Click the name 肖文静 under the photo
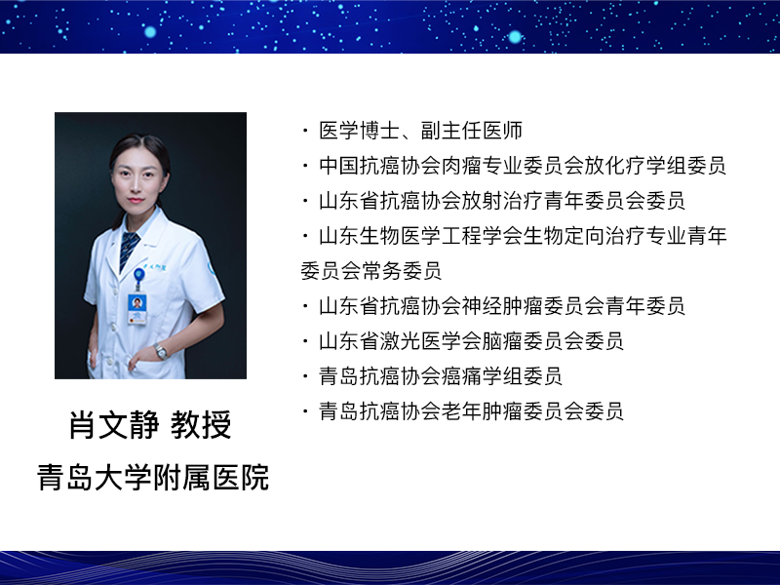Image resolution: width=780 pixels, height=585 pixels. pyautogui.click(x=114, y=425)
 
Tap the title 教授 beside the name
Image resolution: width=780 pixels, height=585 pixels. pyautogui.click(x=201, y=425)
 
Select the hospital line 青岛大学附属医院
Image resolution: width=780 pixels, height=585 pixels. pyautogui.click(x=153, y=478)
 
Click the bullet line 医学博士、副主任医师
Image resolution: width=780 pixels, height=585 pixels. pyautogui.click(x=421, y=131)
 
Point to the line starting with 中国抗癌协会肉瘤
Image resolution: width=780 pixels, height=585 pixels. pyautogui.click(x=523, y=166)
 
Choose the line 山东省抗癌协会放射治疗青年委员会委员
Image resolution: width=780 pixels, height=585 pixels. pyautogui.click(x=502, y=201)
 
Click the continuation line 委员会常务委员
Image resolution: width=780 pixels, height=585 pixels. pyautogui.click(x=370, y=271)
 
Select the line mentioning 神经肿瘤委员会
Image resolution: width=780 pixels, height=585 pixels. pyautogui.click(x=502, y=306)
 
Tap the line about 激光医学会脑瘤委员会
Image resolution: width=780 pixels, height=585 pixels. pyautogui.click(x=471, y=340)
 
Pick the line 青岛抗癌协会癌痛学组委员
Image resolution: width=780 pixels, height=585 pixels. pyautogui.click(x=441, y=376)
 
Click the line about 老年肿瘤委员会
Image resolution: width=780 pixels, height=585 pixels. pyautogui.click(x=471, y=410)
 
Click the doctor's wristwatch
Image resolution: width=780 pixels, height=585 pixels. pyautogui.click(x=160, y=351)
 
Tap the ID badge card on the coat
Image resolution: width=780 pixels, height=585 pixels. pyautogui.click(x=137, y=309)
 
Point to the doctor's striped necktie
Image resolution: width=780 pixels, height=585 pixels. pyautogui.click(x=129, y=249)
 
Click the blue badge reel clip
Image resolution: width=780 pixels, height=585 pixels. pyautogui.click(x=138, y=274)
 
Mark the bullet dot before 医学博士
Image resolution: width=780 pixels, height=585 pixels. pyautogui.click(x=305, y=131)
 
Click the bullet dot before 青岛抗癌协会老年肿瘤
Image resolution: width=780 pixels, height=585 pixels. pyautogui.click(x=305, y=411)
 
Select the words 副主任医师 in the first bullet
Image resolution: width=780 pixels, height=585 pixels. pyautogui.click(x=472, y=131)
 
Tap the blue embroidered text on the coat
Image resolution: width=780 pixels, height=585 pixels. pyautogui.click(x=155, y=267)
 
